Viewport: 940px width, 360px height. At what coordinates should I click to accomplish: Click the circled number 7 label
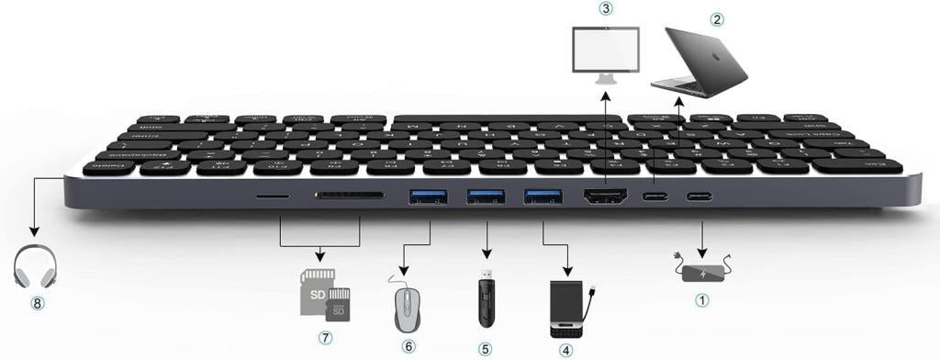point(324,337)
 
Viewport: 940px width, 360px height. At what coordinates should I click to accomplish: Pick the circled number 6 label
point(408,346)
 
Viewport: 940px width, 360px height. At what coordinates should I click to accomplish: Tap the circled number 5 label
point(487,347)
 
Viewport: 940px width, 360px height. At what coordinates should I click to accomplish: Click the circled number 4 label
point(565,350)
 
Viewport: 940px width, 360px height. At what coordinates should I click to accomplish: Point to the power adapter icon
point(702,273)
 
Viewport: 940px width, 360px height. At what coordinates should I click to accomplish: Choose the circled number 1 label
point(702,299)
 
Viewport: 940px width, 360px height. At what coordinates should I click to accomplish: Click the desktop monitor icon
point(605,51)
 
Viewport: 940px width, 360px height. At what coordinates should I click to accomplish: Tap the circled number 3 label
point(605,9)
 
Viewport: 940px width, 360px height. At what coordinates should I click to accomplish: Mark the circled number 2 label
point(718,17)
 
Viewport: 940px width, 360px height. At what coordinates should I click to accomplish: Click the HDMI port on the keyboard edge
point(606,196)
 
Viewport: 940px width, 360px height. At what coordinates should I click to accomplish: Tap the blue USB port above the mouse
point(429,195)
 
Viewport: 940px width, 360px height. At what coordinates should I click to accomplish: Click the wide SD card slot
point(350,195)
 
